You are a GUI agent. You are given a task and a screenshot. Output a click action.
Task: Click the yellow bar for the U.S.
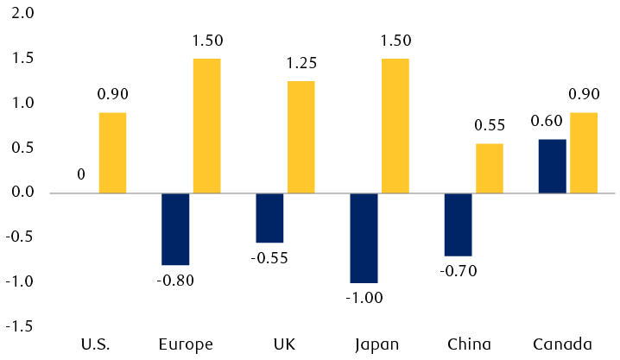(112, 153)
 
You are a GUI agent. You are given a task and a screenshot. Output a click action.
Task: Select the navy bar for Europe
(175, 229)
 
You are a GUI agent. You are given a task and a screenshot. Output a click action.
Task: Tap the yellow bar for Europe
(206, 126)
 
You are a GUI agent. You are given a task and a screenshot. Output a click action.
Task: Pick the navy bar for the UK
(269, 218)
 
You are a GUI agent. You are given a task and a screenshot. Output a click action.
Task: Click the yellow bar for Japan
(395, 126)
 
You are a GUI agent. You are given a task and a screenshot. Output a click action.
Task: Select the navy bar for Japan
(364, 237)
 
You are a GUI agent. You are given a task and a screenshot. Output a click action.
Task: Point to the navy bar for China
(458, 224)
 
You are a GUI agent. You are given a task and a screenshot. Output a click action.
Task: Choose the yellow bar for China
(489, 168)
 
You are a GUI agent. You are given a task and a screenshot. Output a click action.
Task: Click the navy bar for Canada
(552, 166)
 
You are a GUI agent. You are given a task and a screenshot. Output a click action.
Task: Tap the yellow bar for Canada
(583, 153)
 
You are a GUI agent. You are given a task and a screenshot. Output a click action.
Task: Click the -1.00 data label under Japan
(364, 298)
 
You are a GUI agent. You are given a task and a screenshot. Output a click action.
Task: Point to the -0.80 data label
(175, 280)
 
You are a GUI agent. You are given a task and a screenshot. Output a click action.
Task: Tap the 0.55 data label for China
(490, 125)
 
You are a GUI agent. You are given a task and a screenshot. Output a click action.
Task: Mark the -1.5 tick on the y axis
(21, 326)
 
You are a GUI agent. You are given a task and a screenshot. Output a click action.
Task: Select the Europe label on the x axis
(187, 345)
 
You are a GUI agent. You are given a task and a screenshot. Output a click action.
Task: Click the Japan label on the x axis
(376, 345)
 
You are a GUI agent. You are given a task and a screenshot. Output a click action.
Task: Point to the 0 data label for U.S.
(81, 174)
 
